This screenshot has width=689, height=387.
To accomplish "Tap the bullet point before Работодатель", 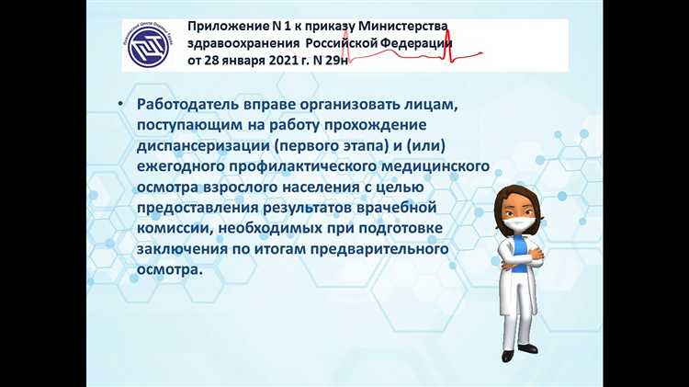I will (x=120, y=106).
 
